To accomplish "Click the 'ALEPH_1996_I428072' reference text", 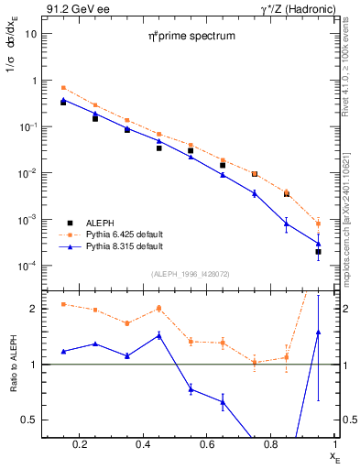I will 189,274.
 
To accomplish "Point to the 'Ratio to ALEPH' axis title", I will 13,364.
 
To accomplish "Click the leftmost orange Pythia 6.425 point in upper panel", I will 63,87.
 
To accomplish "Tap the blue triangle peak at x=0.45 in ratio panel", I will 158,335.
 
